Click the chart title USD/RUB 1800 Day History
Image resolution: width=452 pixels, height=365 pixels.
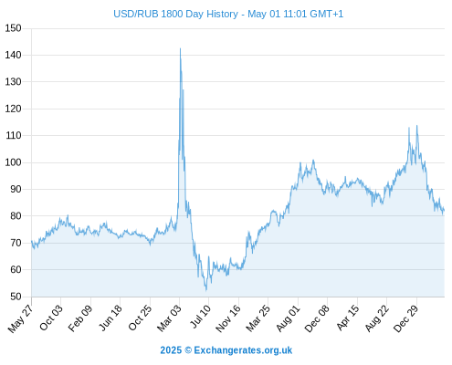click(175, 14)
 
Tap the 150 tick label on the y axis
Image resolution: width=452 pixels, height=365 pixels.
click(13, 28)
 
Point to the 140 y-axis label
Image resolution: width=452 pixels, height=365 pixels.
click(13, 55)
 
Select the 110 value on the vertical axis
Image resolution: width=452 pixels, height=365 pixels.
click(13, 135)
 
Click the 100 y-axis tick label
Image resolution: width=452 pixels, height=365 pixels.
click(13, 162)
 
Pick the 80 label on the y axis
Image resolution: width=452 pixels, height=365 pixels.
click(16, 216)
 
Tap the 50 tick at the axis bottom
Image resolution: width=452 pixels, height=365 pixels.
click(16, 297)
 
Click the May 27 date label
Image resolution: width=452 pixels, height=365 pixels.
click(20, 318)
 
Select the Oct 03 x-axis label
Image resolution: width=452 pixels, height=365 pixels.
click(50, 318)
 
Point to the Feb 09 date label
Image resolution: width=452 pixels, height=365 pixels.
click(79, 318)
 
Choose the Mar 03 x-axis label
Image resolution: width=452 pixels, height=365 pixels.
click(169, 318)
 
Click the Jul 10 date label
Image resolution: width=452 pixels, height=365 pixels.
click(200, 316)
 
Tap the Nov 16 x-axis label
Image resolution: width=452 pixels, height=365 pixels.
click(228, 318)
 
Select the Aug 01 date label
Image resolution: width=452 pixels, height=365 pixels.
click(288, 318)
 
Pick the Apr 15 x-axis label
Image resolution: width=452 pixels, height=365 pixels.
click(348, 318)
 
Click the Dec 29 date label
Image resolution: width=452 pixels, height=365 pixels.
click(406, 318)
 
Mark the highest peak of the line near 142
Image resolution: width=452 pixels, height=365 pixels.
click(180, 48)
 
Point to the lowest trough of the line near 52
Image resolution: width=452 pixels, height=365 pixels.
click(206, 290)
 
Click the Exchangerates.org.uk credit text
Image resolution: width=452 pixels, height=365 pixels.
click(243, 350)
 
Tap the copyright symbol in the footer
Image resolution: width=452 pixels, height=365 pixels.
click(188, 350)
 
